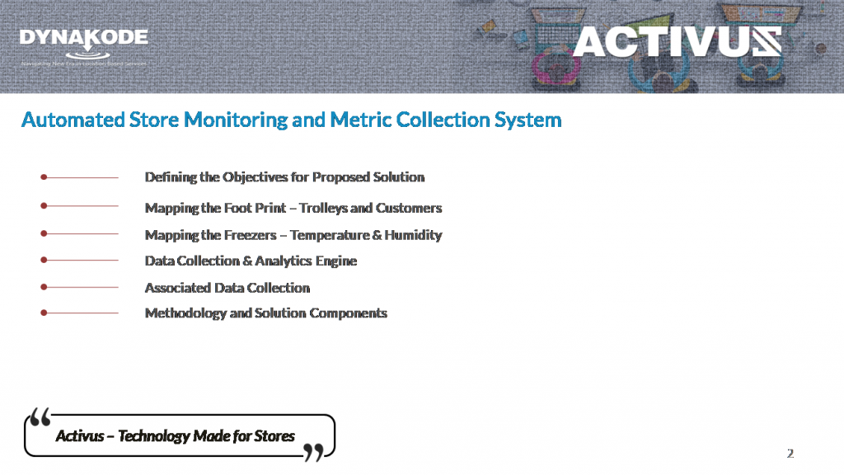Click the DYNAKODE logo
click(83, 40)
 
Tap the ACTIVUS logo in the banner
click(677, 41)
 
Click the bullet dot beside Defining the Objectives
click(44, 176)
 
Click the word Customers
click(409, 208)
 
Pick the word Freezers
click(253, 235)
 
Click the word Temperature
click(329, 235)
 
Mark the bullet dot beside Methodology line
click(44, 313)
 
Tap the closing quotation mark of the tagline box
click(313, 451)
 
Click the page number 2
click(790, 454)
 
